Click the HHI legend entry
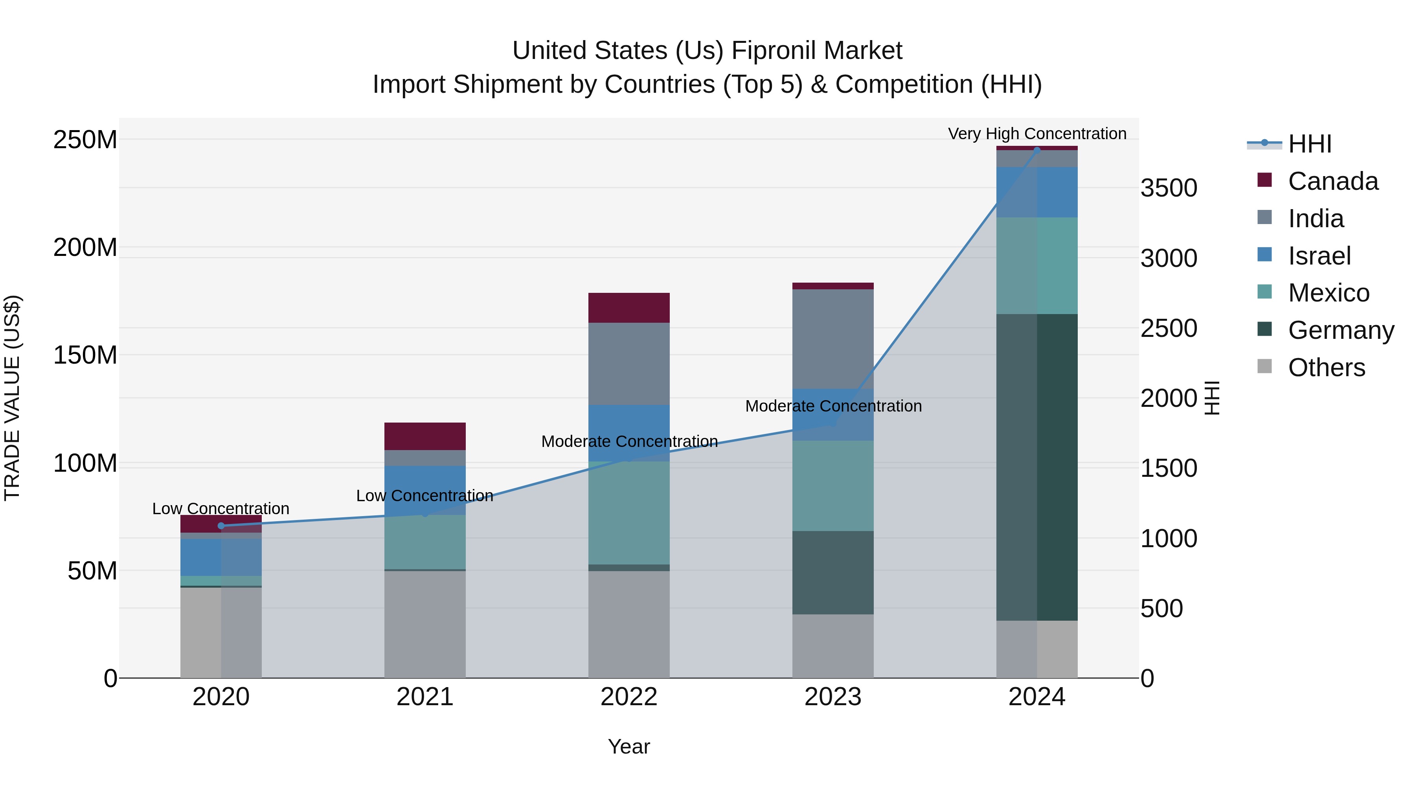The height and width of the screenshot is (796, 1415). click(x=1310, y=144)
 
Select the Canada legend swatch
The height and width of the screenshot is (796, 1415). click(x=1264, y=180)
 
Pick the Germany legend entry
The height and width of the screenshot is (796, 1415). click(x=1341, y=330)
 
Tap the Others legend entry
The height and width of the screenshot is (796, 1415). click(x=1326, y=368)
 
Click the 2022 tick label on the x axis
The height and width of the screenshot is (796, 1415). click(x=629, y=697)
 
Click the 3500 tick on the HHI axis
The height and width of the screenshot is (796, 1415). click(x=1169, y=188)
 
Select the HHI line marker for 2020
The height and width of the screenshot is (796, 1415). click(x=221, y=526)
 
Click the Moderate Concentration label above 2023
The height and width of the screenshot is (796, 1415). click(x=833, y=406)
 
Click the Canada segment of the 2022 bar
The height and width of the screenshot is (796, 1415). click(x=629, y=308)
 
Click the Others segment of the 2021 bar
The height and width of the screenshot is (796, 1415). click(x=424, y=624)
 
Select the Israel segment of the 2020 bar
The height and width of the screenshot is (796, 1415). click(x=221, y=557)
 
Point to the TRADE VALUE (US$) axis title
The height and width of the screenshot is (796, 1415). click(x=12, y=398)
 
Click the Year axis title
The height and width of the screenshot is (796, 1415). click(x=629, y=746)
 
